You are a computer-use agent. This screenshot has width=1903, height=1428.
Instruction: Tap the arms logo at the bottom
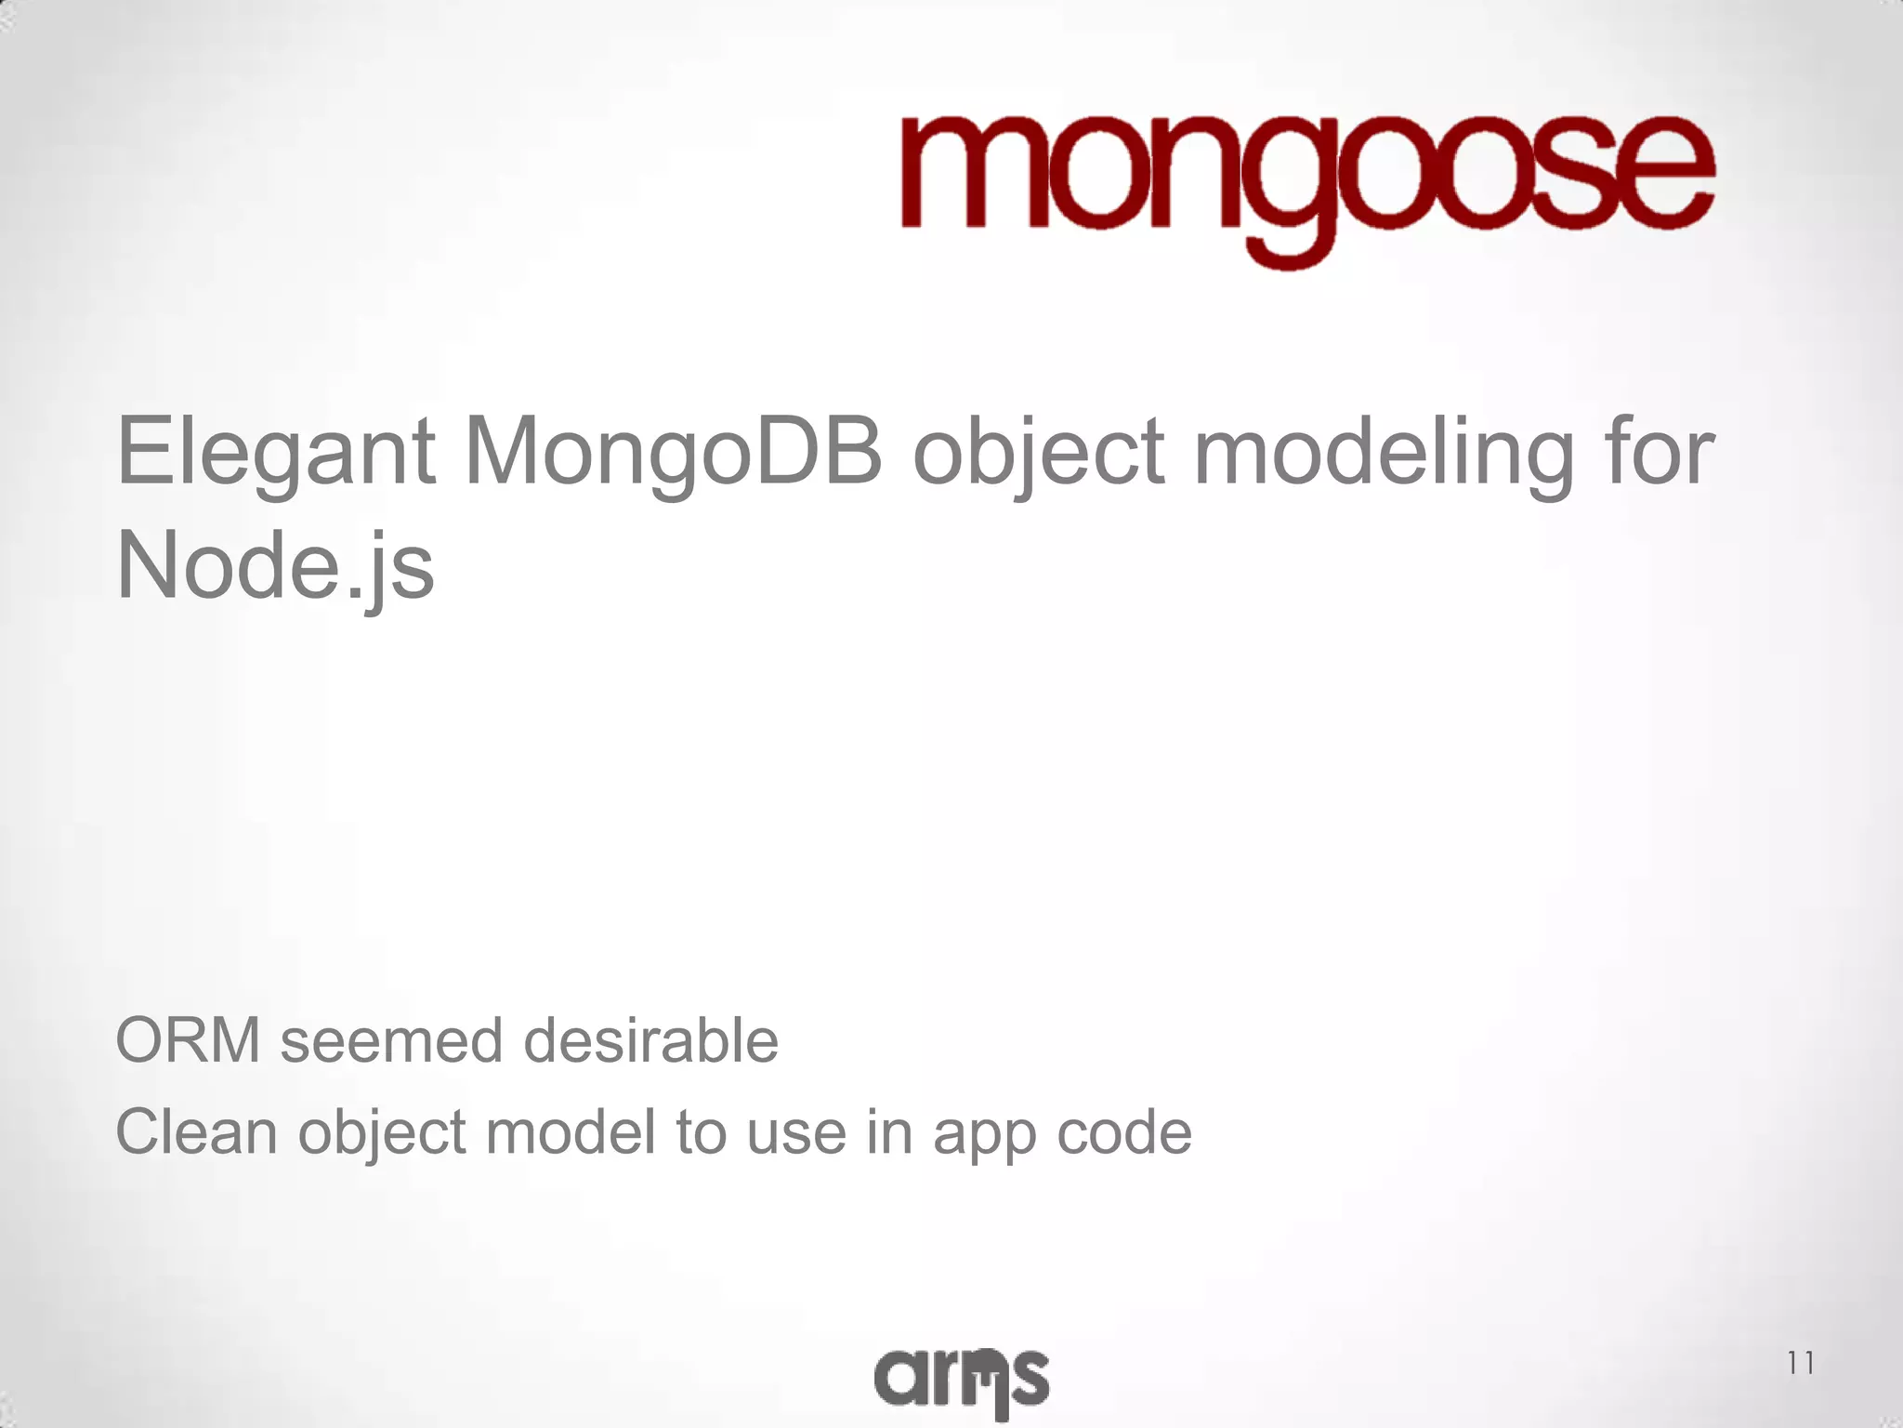(x=962, y=1379)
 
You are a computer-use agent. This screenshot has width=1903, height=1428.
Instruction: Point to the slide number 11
(x=1800, y=1363)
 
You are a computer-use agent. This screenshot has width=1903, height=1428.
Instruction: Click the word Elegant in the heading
(x=276, y=454)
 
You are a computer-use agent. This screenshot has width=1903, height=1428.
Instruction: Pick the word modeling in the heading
(x=1384, y=454)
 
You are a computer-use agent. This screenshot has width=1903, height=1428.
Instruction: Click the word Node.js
(x=276, y=566)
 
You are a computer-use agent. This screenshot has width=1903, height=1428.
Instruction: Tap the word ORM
(x=188, y=1040)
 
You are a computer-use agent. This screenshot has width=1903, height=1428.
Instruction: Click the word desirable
(x=650, y=1040)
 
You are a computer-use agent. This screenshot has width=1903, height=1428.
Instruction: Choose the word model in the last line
(x=571, y=1132)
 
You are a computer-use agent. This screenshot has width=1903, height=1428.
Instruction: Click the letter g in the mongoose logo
(x=1282, y=195)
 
